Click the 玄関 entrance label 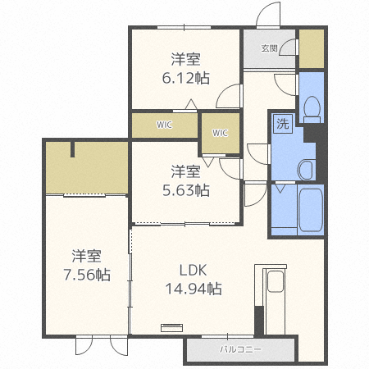(269, 48)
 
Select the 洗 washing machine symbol (283, 124)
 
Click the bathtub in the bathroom (310, 210)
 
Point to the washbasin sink (306, 170)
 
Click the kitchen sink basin (276, 281)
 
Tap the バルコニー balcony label (240, 349)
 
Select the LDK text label (193, 270)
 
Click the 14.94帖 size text (194, 289)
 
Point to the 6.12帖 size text (186, 78)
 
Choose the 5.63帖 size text (186, 190)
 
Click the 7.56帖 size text (87, 275)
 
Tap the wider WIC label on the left (164, 125)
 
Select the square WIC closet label (220, 133)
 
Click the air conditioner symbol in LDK (171, 327)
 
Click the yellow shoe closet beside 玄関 (312, 48)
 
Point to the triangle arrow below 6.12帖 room (191, 104)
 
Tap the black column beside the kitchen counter (259, 321)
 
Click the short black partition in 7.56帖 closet (72, 149)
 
